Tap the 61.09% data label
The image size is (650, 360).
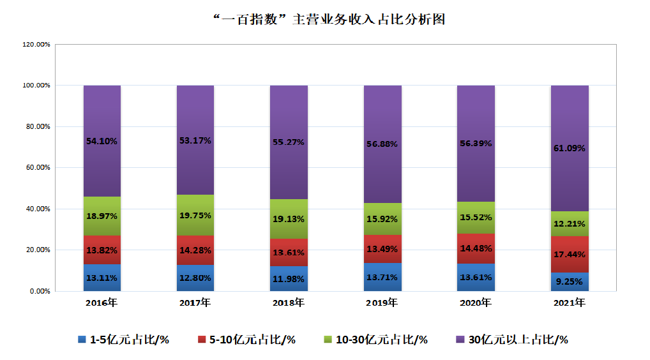[569, 148]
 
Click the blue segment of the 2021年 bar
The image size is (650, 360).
[569, 281]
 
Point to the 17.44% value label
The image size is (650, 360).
[569, 255]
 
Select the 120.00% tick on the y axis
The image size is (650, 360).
[36, 45]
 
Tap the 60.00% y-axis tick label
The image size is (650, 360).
[37, 168]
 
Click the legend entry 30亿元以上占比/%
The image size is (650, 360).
[518, 340]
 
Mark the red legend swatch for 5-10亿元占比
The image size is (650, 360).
[202, 340]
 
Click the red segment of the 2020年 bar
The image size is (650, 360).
[476, 248]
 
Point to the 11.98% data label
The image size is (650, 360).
[289, 278]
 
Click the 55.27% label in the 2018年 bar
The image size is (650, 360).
[289, 142]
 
